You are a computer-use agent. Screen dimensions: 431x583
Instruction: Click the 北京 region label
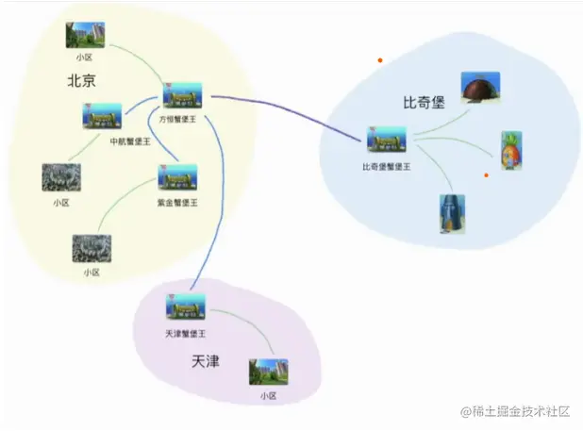coord(81,81)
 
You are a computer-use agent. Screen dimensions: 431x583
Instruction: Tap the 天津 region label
coord(205,360)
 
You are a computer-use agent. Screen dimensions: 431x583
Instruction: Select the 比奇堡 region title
coord(423,101)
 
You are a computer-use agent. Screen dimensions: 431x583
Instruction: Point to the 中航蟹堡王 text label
coord(103,141)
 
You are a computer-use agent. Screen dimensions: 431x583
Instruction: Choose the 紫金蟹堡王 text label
coord(177,202)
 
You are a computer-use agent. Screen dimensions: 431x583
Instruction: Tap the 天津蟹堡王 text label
coord(185,334)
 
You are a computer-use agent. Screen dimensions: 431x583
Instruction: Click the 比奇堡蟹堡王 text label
coord(387,166)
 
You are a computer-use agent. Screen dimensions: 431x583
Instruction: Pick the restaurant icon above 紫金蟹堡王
coord(177,178)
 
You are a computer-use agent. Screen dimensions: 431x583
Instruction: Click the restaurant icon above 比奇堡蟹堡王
coord(387,141)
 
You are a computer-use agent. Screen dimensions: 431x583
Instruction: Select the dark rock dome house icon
coord(480,87)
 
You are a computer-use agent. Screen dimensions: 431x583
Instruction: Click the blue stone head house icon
coord(452,213)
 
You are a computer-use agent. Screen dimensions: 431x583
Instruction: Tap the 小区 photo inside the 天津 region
coord(268,371)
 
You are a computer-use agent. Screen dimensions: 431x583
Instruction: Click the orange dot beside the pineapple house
coord(486,174)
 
